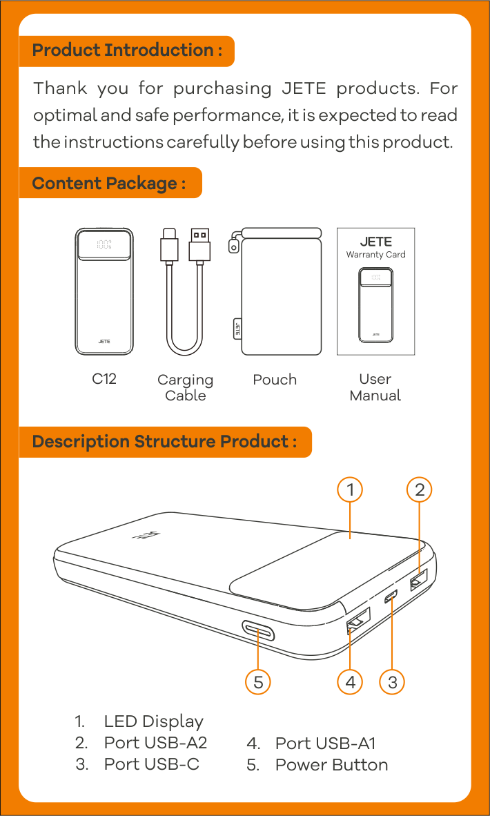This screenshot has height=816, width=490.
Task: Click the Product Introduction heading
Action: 127,50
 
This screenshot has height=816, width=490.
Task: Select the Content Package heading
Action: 109,183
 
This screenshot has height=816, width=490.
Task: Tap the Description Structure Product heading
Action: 164,442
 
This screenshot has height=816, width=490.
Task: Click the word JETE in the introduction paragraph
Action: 304,88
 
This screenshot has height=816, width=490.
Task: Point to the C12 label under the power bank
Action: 104,380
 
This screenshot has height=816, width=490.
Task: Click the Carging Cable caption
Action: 185,388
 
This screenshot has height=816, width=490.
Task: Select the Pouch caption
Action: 275,380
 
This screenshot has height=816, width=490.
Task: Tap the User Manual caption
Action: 375,387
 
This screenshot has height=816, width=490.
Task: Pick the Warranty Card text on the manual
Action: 375,255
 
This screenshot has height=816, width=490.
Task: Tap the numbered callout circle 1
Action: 350,489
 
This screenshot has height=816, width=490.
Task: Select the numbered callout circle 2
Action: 420,489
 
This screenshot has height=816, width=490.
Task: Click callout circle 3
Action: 392,682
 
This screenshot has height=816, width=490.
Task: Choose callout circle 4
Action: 350,682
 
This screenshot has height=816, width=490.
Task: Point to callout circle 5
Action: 258,682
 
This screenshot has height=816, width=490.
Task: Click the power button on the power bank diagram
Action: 257,630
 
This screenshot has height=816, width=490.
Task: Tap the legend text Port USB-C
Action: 151,764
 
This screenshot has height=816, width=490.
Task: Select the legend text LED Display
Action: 153,722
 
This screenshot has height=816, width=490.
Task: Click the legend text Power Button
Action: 331,765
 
